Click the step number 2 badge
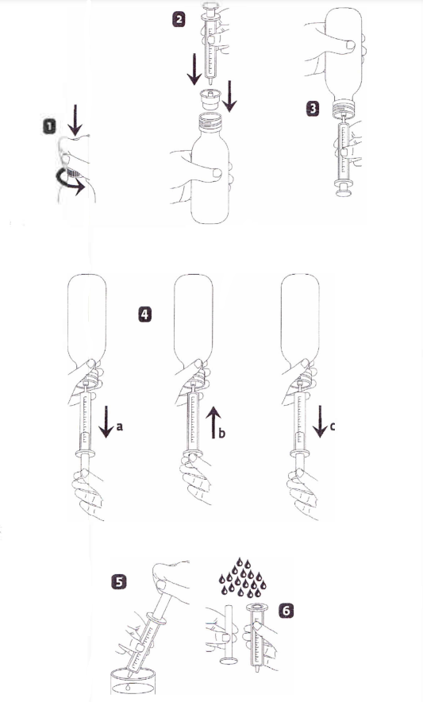(x=179, y=19)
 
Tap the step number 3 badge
(x=313, y=108)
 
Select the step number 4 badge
(x=144, y=314)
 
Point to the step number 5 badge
(x=118, y=581)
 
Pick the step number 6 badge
(x=286, y=610)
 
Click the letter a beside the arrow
(x=119, y=426)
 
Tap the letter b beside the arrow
(x=221, y=433)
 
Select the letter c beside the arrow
(x=333, y=426)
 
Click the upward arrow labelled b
(x=213, y=422)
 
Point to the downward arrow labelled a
(x=106, y=422)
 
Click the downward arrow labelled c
(x=321, y=422)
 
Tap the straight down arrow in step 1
(x=75, y=120)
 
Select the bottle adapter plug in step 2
(x=210, y=98)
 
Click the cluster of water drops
(x=242, y=578)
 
